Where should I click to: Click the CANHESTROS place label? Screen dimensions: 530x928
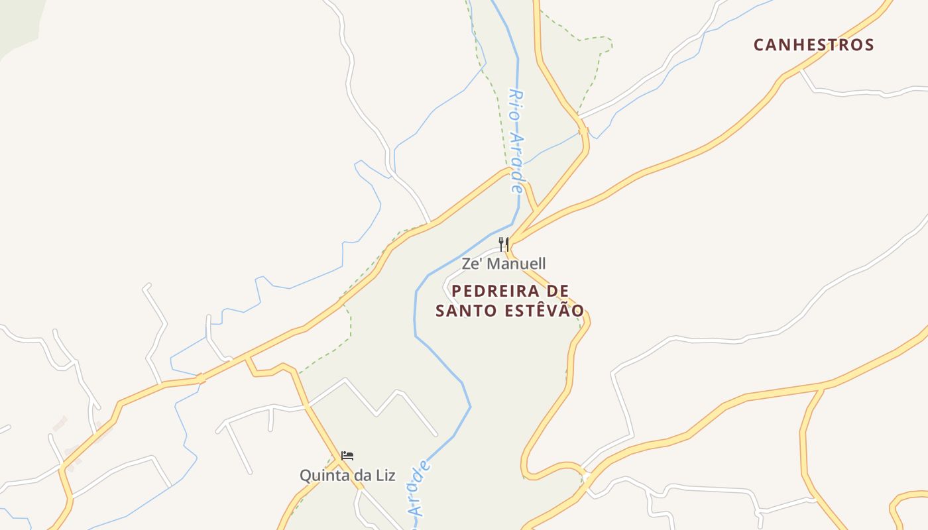[814, 45]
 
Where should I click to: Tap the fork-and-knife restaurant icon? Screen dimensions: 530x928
[504, 244]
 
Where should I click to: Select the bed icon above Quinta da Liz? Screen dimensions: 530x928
[347, 456]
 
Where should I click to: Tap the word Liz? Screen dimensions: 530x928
[384, 476]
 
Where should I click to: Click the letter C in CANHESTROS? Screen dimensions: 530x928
[759, 45]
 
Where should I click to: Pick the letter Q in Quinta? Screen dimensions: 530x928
[306, 476]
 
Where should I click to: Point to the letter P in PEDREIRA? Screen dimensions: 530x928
[456, 291]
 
